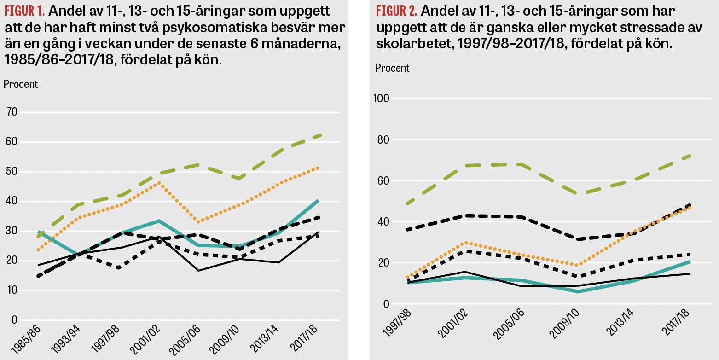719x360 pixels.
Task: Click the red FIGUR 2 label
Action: point(396,10)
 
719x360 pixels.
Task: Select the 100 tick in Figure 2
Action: point(383,99)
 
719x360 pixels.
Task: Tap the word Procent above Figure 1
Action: point(21,84)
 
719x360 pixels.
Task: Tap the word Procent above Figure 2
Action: point(392,68)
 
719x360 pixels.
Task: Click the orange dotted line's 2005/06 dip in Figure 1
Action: point(198,222)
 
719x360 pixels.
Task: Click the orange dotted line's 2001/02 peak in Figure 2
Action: point(465,242)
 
